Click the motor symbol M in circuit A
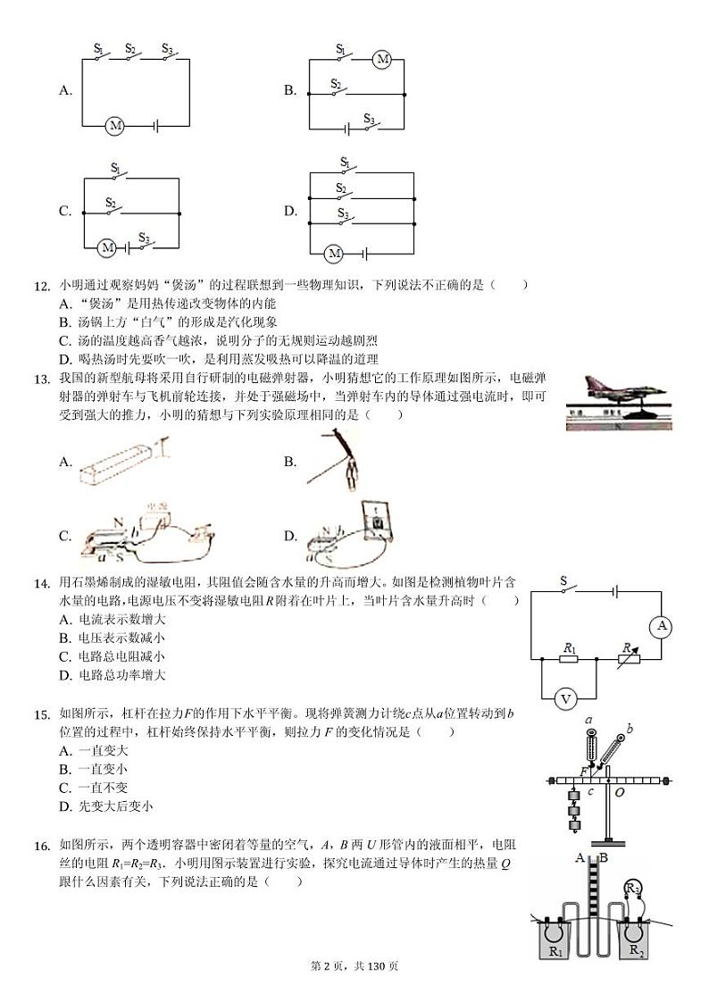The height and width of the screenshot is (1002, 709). pos(115,126)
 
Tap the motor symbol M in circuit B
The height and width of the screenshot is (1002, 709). pos(382,60)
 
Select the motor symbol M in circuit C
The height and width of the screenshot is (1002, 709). pos(106,246)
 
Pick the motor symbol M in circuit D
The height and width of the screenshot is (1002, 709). pos(334,254)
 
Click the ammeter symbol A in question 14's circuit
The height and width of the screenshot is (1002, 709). pos(662,626)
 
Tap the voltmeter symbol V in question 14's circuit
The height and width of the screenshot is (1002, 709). pos(565,699)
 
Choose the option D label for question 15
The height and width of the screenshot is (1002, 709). pos(65,806)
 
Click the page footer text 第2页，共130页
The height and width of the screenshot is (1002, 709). pos(354,965)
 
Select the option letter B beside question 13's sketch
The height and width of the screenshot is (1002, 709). pos(290,462)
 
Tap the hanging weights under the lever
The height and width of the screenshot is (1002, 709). pos(574,813)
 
